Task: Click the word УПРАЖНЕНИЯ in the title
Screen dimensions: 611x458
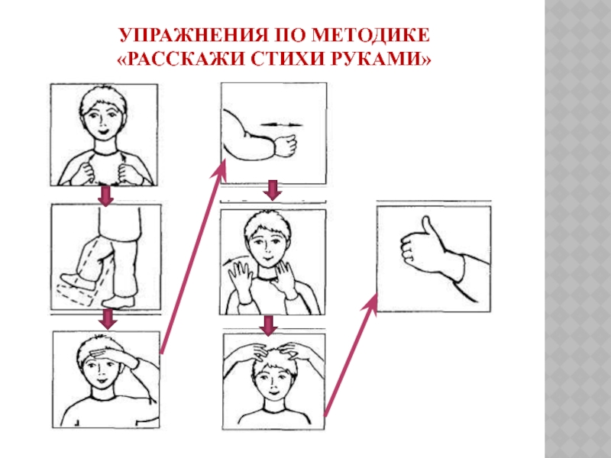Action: [193, 35]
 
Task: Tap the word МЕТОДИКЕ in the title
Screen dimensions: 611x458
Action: [371, 35]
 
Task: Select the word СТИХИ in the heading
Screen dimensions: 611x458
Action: [285, 60]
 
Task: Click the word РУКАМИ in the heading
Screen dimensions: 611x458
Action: [375, 60]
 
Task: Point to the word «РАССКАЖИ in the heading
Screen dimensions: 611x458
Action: [179, 60]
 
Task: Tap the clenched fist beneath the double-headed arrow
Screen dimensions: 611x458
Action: [286, 145]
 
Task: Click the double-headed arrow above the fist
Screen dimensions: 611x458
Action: [281, 124]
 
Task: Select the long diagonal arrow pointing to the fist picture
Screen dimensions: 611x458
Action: [193, 258]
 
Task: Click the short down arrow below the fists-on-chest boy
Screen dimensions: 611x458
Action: [105, 196]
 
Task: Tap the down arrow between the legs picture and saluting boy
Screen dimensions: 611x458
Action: [108, 319]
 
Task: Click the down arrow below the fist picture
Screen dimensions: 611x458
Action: [273, 190]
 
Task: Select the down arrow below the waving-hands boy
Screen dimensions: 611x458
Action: [269, 325]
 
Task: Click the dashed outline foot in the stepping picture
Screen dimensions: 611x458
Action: [74, 295]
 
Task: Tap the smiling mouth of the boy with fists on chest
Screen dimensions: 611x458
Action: [104, 131]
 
